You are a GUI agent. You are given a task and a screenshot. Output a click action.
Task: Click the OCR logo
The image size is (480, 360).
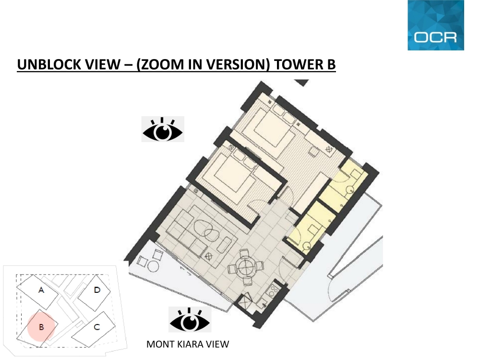coord(436,25)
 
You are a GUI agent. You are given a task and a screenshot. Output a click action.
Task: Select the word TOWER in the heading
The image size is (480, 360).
coord(295,64)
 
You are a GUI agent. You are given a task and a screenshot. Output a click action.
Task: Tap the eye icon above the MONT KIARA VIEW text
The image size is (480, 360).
coord(190,320)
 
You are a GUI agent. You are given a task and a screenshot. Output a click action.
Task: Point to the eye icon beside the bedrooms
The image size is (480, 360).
coord(163,129)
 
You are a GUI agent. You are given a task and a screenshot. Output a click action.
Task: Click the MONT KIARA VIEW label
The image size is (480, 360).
coord(188,344)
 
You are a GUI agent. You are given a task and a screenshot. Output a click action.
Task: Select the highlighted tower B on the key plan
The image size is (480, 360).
coord(41,327)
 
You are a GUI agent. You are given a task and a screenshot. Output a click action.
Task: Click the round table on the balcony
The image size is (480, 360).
coord(153,266)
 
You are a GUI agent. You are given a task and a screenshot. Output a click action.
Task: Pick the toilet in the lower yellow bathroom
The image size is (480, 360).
coord(306,245)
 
